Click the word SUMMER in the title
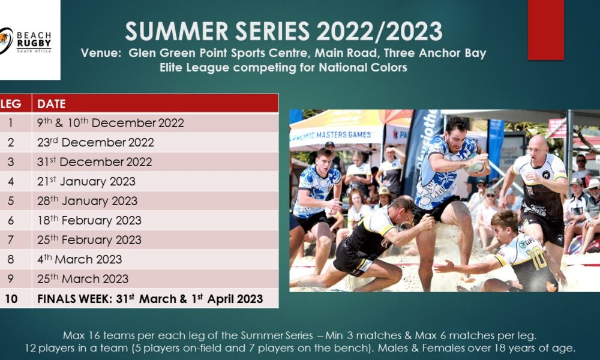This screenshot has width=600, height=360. [176, 31]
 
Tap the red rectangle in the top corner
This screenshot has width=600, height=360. [545, 30]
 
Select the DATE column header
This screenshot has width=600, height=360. [51, 104]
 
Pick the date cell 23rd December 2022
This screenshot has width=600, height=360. [95, 143]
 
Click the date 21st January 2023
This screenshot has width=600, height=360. [86, 181]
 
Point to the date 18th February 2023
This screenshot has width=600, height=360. [89, 220]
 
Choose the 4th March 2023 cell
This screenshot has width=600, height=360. [79, 259]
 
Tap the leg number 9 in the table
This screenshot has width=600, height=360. [10, 279]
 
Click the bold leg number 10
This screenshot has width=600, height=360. [11, 299]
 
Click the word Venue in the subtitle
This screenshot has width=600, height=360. [101, 53]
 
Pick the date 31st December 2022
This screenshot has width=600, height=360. [95, 162]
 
